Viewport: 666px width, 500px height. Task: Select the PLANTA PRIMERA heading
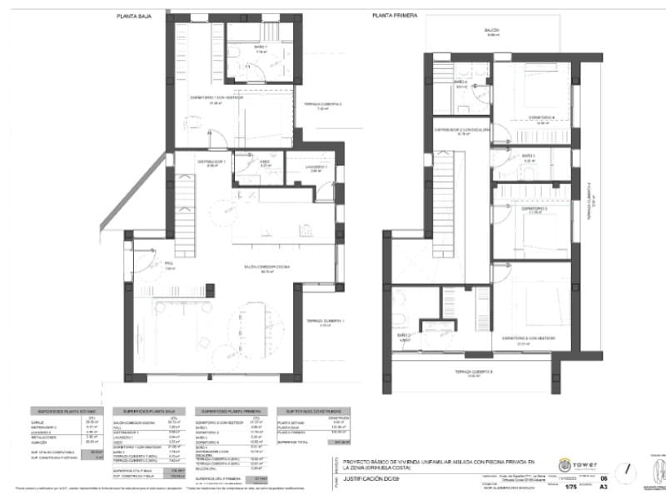pyautogui.click(x=395, y=16)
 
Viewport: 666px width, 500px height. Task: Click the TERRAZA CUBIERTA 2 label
pyautogui.click(x=323, y=104)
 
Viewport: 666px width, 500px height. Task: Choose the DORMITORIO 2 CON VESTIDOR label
pyautogui.click(x=528, y=337)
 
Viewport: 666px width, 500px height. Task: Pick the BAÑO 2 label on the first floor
pyautogui.click(x=405, y=337)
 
